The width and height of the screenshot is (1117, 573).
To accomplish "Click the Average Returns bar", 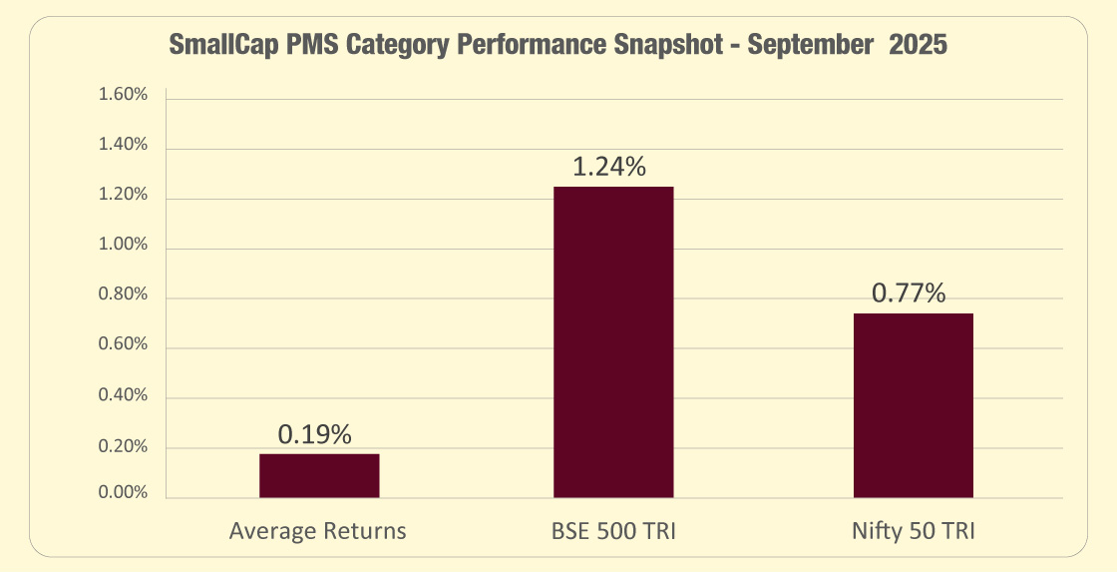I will coord(319,475).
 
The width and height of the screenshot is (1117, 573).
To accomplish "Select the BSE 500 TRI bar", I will coord(613,341).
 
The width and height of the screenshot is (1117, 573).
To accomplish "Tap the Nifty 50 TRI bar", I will coord(913,404).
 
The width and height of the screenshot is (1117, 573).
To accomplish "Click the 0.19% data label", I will coord(315,434).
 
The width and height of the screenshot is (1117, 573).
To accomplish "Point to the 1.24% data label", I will coord(609,167).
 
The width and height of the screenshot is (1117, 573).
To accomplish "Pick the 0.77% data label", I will coord(909,293).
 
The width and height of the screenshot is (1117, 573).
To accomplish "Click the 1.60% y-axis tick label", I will coord(123,96).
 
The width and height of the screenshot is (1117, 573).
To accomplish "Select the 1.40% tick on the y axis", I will coord(123,146).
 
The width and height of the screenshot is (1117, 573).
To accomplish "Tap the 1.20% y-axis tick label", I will coord(123,196).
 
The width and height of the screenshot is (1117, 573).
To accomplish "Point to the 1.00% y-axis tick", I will coord(123,246).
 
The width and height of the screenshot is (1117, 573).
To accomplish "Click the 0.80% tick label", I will coord(123,295).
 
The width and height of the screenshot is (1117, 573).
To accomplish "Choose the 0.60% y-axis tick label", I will coord(123,345).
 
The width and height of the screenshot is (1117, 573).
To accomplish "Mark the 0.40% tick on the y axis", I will coord(123,395).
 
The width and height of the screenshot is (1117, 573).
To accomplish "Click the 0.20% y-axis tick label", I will coord(123,445).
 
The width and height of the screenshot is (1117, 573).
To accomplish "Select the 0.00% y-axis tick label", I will coord(123,494).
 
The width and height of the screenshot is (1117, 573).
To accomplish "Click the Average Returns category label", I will coord(318,531).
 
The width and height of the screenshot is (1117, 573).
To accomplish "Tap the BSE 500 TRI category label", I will coord(613,531).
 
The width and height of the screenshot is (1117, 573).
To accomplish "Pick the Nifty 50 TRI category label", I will coord(913,531).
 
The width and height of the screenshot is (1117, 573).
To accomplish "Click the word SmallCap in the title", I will coord(218,47).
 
